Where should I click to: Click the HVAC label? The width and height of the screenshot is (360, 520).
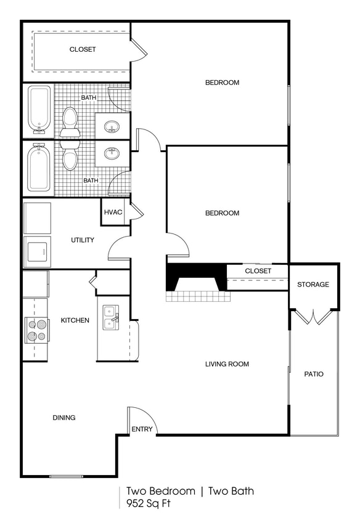click(113, 212)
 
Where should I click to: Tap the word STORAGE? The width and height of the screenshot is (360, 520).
click(313, 285)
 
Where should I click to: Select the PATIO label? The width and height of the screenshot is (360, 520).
click(314, 374)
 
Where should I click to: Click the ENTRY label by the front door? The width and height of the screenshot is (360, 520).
click(141, 429)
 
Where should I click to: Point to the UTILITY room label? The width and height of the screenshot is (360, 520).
click(83, 240)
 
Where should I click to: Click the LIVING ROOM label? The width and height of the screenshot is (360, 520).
click(227, 364)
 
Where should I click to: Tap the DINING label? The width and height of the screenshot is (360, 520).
click(64, 418)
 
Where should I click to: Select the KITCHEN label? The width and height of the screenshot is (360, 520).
click(75, 320)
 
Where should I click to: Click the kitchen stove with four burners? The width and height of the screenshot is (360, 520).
click(36, 330)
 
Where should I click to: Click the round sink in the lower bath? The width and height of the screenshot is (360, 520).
click(112, 153)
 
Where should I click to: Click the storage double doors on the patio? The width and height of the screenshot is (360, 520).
click(314, 317)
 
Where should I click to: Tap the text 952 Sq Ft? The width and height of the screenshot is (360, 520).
click(149, 503)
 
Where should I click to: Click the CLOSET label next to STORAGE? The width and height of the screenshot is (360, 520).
click(258, 271)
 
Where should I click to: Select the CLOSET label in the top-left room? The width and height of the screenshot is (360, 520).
click(83, 49)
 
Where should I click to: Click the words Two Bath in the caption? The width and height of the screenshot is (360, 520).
click(231, 491)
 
